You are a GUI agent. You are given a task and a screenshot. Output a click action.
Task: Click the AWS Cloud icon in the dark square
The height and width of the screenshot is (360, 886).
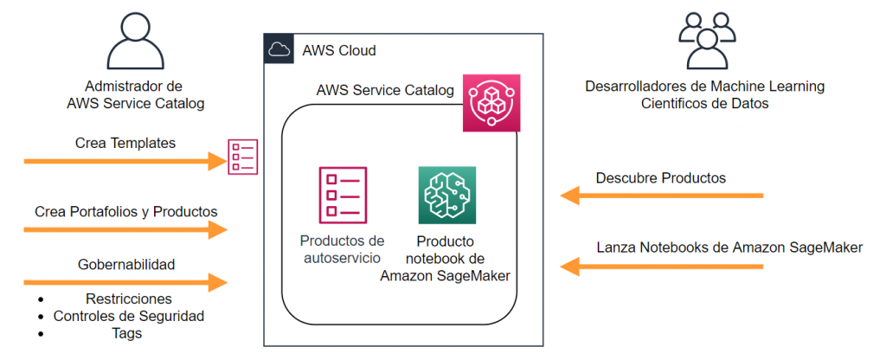(x=279, y=48)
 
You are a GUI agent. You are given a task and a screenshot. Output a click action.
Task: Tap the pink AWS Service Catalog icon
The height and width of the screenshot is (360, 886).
(x=491, y=103)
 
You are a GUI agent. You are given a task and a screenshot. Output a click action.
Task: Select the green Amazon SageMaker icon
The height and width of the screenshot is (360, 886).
(x=447, y=195)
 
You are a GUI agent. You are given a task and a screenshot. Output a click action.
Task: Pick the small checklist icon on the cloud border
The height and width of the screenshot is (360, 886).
(x=243, y=157)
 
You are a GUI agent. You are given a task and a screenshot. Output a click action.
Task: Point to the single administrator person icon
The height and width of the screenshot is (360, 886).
(x=136, y=42)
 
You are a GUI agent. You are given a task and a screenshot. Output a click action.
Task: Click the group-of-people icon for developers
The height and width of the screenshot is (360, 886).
(x=707, y=40)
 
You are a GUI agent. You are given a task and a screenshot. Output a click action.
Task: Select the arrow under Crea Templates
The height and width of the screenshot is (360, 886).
(x=125, y=162)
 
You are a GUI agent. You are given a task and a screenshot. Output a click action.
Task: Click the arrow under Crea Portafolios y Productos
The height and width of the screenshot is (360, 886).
(x=125, y=230)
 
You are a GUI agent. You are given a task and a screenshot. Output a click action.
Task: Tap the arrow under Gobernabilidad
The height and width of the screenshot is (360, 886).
(x=125, y=282)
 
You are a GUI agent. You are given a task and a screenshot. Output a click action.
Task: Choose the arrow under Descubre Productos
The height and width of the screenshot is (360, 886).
(x=662, y=196)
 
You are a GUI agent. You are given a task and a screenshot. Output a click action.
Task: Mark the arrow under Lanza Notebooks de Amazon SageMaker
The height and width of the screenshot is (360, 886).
(x=662, y=267)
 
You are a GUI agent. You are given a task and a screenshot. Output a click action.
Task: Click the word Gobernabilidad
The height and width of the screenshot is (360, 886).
(x=126, y=264)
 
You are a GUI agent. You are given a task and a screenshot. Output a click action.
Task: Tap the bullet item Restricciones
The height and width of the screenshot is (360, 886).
(x=129, y=298)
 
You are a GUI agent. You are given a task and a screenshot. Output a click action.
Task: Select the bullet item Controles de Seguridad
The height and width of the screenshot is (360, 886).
(x=129, y=316)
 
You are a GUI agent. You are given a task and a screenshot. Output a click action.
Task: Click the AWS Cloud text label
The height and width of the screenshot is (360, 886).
(x=339, y=51)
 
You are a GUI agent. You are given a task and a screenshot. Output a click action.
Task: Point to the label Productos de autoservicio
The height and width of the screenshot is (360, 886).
(x=343, y=249)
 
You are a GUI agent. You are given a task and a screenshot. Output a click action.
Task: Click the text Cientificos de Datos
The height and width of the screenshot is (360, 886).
(x=705, y=105)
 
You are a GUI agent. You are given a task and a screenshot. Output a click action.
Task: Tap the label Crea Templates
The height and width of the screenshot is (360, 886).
(x=125, y=144)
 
